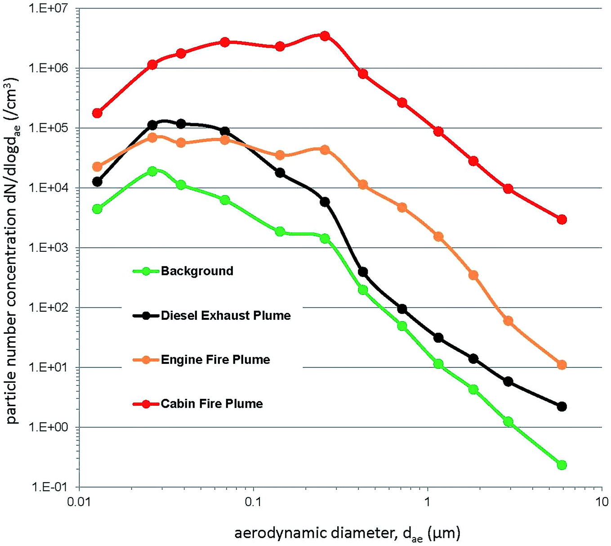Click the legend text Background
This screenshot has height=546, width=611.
point(197,271)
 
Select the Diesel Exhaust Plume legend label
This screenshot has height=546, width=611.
point(226,316)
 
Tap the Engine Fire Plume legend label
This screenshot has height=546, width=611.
point(215,359)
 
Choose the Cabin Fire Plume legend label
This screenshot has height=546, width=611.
point(212,403)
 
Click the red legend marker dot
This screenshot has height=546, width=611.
point(146,404)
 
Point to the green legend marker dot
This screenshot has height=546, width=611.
point(146,271)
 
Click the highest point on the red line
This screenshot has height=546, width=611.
point(325,36)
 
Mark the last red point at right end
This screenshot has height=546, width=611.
point(562,219)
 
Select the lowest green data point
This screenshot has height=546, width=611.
point(562,465)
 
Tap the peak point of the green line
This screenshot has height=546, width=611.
point(152,171)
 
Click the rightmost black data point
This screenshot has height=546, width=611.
point(562,407)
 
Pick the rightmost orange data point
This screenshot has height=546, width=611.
point(562,365)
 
